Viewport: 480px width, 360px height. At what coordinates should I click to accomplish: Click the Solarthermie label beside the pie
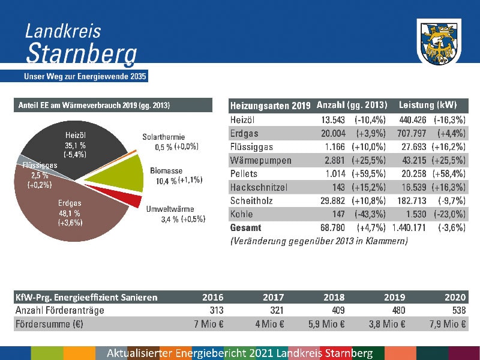[163, 137]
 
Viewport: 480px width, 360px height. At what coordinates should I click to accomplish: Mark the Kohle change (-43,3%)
[370, 214]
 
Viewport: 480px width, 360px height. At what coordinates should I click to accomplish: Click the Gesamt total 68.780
[332, 228]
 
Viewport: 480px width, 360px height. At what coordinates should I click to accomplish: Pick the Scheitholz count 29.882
[332, 201]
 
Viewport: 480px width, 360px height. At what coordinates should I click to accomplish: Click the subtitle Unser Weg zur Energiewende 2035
[85, 77]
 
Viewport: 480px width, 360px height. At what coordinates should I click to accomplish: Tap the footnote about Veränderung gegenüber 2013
[319, 241]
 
